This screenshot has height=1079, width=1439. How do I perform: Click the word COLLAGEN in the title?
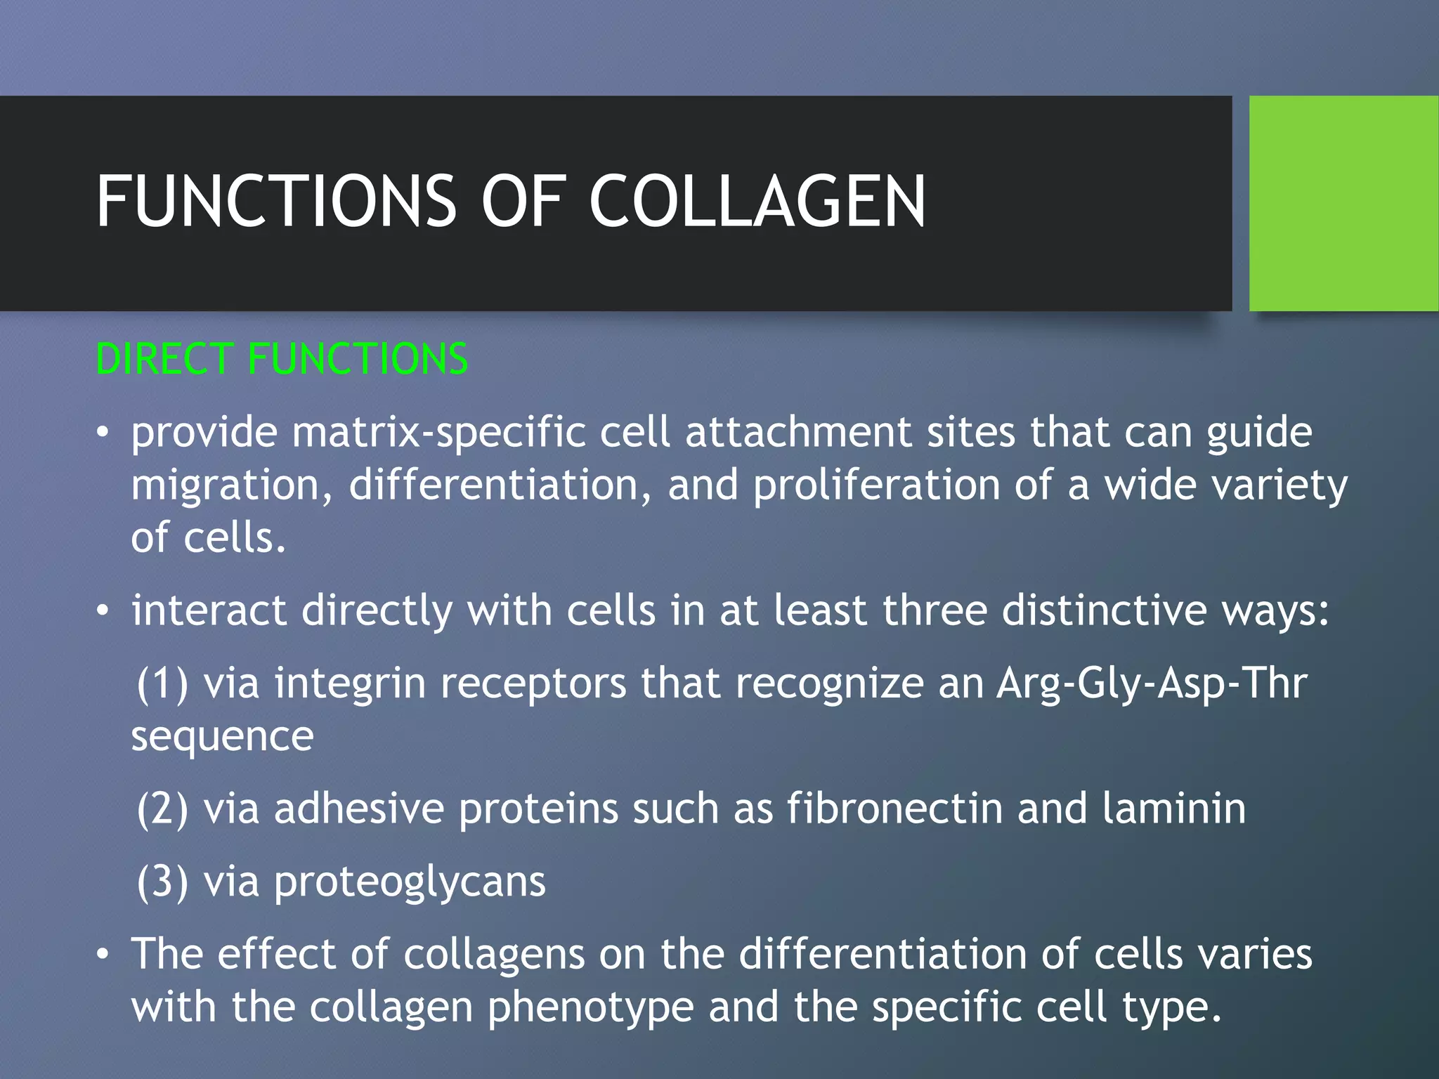[x=757, y=202]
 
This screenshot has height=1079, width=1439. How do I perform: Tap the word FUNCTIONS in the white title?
[x=276, y=202]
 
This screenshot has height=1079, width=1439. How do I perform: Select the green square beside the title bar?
[x=1343, y=204]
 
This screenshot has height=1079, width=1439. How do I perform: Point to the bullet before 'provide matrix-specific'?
[x=103, y=433]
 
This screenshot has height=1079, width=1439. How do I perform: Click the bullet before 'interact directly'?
[x=103, y=610]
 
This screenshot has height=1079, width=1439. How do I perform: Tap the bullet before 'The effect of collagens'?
[x=103, y=955]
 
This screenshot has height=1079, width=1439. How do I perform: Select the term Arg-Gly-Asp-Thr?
[x=1152, y=684]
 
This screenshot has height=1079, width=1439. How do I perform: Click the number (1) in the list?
[x=162, y=684]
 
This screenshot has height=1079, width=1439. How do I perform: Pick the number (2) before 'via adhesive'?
[x=162, y=809]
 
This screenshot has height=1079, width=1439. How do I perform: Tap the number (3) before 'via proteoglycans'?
[x=162, y=882]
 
